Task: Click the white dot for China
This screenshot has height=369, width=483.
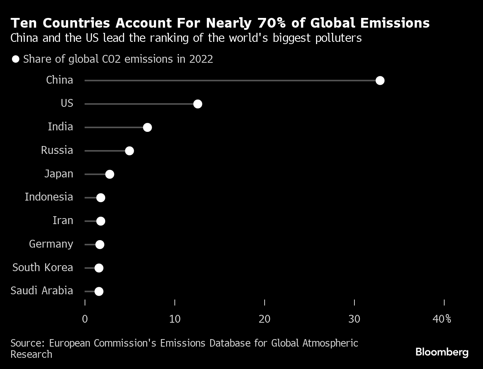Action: pyautogui.click(x=380, y=81)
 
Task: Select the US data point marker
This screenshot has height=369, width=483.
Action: pyautogui.click(x=198, y=104)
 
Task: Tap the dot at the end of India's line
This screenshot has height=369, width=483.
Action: pyautogui.click(x=147, y=127)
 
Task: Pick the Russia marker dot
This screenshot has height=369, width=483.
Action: pyautogui.click(x=129, y=151)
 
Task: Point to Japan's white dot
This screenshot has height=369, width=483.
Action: pyautogui.click(x=110, y=174)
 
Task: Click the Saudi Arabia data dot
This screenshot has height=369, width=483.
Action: pyautogui.click(x=99, y=292)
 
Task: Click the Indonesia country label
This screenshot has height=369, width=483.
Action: pyautogui.click(x=49, y=197)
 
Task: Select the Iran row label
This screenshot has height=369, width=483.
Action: pyautogui.click(x=63, y=220)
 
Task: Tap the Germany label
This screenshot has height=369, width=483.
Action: pyautogui.click(x=51, y=244)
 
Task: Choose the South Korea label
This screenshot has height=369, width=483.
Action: pyautogui.click(x=42, y=267)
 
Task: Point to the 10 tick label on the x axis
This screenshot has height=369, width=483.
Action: pyautogui.click(x=175, y=319)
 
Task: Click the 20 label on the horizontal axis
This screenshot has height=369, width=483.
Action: pyautogui.click(x=265, y=319)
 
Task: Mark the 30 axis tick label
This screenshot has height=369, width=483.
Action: pyautogui.click(x=354, y=319)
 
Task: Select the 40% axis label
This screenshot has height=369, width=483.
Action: pyautogui.click(x=442, y=319)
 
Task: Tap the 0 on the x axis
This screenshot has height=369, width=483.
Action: pyautogui.click(x=85, y=319)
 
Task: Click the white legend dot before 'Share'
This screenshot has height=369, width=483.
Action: pyautogui.click(x=16, y=59)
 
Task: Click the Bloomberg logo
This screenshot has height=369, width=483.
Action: pyautogui.click(x=442, y=352)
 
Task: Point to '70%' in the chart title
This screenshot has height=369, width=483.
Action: pyautogui.click(x=271, y=23)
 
